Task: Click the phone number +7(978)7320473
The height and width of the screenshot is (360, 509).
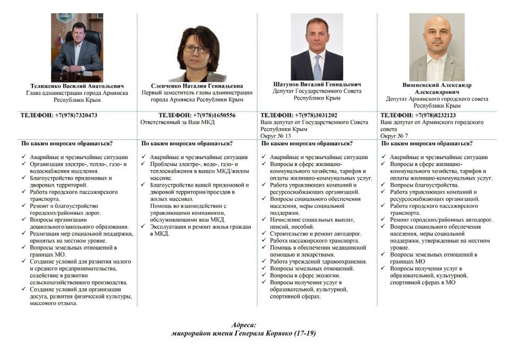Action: coord(76,115)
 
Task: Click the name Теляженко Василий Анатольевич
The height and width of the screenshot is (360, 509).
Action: coord(77,85)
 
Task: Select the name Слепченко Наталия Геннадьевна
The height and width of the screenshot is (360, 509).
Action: coord(197,85)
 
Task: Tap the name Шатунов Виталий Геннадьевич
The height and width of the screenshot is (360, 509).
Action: coord(317,84)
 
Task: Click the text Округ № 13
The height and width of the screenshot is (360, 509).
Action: coord(276,136)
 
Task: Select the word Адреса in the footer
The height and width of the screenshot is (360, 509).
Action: coord(244,324)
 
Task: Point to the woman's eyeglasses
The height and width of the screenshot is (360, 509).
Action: coord(196,49)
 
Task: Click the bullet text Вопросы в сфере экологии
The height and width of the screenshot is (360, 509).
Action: coord(305,275)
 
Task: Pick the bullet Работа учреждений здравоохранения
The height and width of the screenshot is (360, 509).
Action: coord(318,261)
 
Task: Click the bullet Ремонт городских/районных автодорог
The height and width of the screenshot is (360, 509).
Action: coord(441,219)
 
